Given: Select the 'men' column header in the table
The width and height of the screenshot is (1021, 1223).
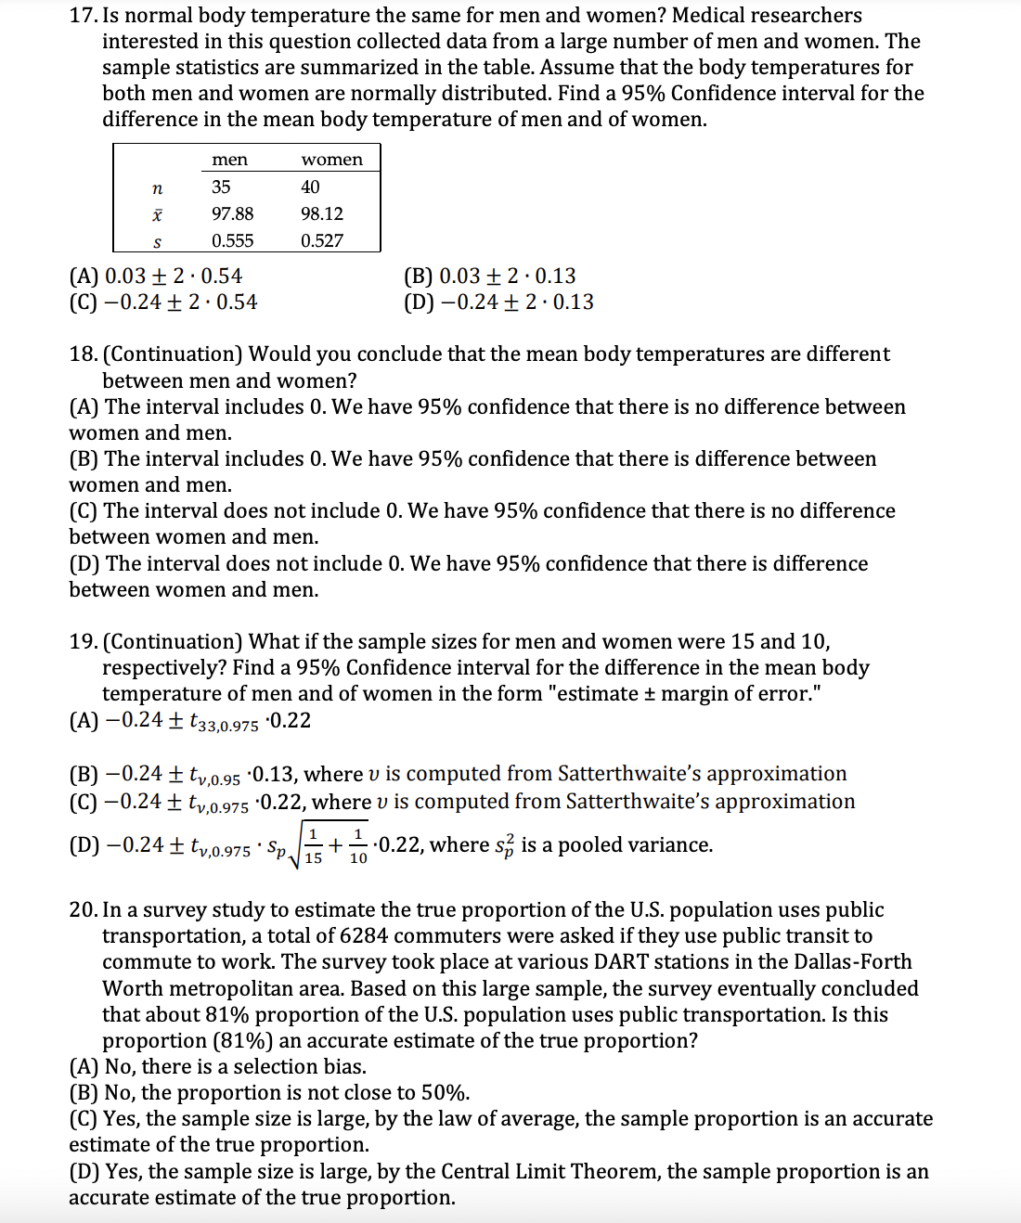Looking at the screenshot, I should (229, 160).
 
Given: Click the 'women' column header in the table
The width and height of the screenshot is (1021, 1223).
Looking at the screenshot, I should (331, 160).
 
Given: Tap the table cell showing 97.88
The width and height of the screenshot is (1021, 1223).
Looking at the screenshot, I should (232, 213).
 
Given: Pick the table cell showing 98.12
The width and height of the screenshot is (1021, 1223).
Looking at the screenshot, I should (322, 213).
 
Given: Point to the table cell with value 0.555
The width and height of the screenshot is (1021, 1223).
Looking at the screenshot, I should (232, 240).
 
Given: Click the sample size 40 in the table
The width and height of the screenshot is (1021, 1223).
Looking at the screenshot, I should (310, 187).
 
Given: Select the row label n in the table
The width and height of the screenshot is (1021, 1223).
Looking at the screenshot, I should (157, 188).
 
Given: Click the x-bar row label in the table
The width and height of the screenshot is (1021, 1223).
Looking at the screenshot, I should (157, 214).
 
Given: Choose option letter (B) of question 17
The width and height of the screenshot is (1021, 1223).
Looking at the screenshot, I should (418, 277).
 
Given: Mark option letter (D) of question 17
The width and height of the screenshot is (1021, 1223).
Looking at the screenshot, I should (419, 303).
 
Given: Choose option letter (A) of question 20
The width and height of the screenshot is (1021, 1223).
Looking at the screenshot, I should (84, 1067).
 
